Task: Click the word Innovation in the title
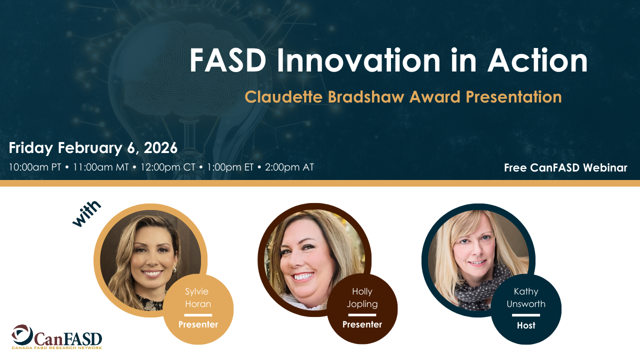[358, 60]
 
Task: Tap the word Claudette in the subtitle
[283, 97]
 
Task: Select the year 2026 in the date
[160, 147]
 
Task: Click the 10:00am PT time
[35, 167]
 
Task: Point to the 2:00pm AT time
[289, 167]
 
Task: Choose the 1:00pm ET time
[230, 167]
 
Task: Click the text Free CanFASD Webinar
[565, 167]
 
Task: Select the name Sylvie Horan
[197, 297]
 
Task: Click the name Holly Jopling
[362, 297]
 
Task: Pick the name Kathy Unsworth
[526, 297]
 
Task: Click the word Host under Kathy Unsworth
[526, 325]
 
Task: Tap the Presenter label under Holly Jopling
[362, 324]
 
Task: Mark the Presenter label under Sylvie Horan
[198, 324]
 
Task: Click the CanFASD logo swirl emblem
[22, 334]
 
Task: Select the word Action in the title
[537, 60]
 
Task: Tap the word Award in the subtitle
[435, 97]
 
